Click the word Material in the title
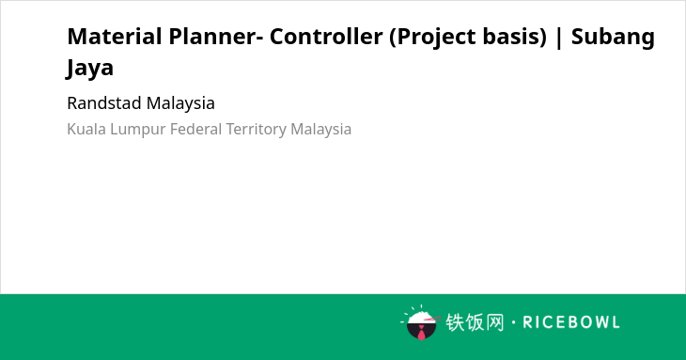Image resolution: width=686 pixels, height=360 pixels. (115, 37)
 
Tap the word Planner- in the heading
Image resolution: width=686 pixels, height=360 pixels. (216, 37)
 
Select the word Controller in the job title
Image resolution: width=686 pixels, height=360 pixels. (326, 37)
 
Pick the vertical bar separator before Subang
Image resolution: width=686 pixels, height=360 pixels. (559, 38)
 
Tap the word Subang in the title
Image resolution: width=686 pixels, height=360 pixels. (613, 38)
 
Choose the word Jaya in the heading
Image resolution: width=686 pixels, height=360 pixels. (89, 69)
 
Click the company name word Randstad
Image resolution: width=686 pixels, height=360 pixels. (104, 103)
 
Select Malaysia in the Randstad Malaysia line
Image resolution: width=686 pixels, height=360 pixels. (180, 104)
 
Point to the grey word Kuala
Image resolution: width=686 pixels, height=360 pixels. (86, 129)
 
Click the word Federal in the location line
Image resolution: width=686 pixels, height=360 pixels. (196, 129)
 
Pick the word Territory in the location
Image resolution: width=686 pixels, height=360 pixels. (257, 130)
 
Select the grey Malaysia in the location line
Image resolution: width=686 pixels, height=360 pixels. (321, 130)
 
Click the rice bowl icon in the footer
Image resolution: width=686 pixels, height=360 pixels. (421, 322)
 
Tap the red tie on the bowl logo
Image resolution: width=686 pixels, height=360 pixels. (421, 333)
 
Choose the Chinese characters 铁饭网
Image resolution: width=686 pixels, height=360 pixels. (476, 322)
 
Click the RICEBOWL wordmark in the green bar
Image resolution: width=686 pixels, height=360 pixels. (571, 322)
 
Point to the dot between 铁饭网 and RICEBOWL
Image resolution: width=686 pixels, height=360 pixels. (514, 322)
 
